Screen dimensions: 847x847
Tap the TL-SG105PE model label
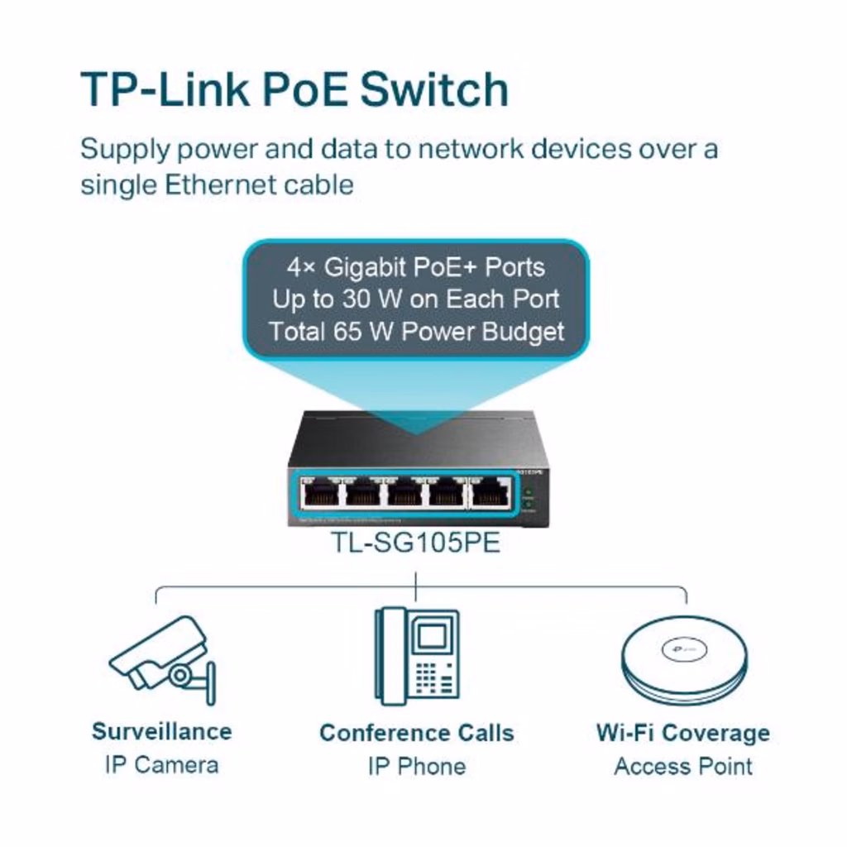coord(416,543)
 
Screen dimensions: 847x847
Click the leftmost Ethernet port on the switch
coord(320,494)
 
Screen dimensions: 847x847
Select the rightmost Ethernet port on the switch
coord(490,494)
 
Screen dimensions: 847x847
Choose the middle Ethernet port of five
coord(405,494)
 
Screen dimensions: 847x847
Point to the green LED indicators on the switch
coord(529,499)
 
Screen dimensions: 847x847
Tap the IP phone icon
coord(417,656)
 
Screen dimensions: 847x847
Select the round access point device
coord(684,659)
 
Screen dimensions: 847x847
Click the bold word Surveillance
coord(161,731)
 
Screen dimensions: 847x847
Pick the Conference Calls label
coord(416,733)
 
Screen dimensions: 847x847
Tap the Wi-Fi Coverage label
coord(682,733)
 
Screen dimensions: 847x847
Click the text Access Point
coord(682,766)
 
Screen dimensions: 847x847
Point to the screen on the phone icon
coord(433,636)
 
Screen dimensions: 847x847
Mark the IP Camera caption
coord(161,764)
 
